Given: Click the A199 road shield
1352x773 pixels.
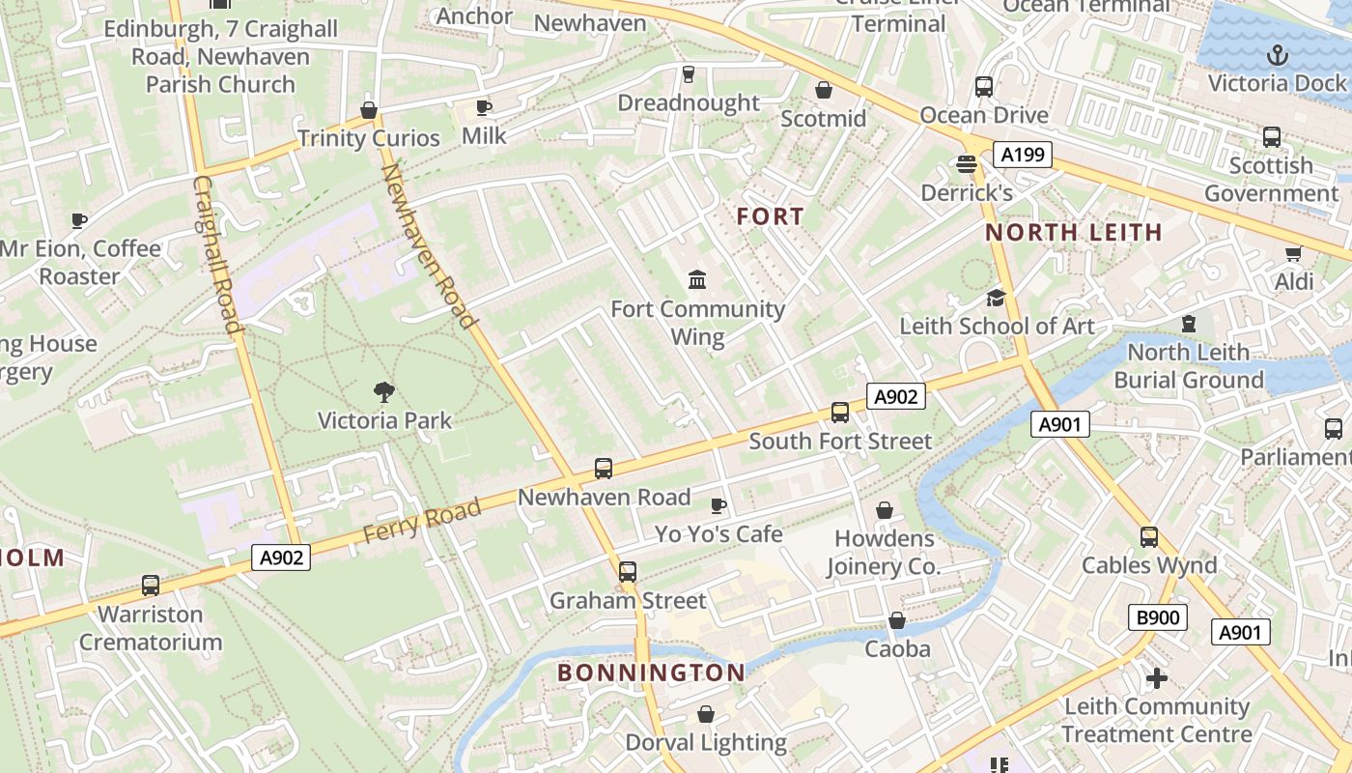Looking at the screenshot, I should coord(1022,154).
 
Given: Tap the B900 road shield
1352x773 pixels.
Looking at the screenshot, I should coord(1157,617).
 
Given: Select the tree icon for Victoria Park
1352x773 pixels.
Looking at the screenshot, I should coord(384,391).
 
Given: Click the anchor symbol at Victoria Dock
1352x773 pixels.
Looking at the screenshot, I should coord(1278,54).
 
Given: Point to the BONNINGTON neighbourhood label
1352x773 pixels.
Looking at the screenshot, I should coord(651,673).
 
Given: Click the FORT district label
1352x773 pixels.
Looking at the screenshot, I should coord(770,216).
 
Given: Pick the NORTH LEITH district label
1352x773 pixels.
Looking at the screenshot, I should coord(1073,232).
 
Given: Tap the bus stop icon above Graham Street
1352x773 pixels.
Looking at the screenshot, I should coord(628,571).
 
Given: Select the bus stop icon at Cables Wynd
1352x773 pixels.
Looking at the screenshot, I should coord(1148,536).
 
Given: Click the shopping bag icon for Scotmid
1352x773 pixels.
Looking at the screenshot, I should coord(824,90).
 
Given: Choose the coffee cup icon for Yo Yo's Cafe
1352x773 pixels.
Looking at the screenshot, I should coord(718,505).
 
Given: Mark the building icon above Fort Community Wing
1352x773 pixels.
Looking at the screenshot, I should coord(697,280).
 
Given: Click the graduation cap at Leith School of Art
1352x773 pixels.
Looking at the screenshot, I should coord(996,297).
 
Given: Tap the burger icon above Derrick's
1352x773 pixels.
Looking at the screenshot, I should coord(966,163).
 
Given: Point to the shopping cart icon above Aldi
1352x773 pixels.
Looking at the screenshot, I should coord(1293,253).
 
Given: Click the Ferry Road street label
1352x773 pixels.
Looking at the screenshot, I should coord(421,522).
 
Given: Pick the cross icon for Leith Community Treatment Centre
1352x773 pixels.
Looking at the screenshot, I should coord(1156,678).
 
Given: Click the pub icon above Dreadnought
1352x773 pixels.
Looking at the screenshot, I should coord(688,73).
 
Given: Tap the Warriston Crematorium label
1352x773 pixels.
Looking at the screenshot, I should coord(151,628).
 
